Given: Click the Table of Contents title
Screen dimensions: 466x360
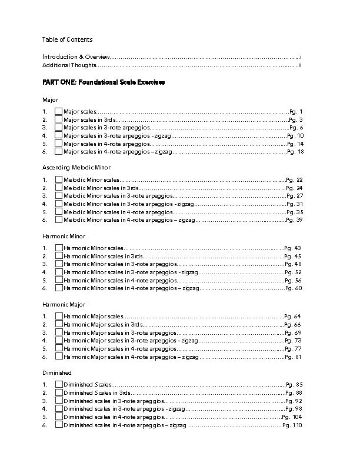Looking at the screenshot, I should pyautogui.click(x=66, y=39).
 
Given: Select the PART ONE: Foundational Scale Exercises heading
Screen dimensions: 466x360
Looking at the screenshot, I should pyautogui.click(x=104, y=82).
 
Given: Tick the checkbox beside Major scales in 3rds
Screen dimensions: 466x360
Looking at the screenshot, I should pyautogui.click(x=58, y=119).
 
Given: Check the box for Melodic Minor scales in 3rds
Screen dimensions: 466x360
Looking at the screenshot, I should pyautogui.click(x=58, y=188).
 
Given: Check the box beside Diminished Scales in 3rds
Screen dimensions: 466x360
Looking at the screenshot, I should pyautogui.click(x=58, y=392).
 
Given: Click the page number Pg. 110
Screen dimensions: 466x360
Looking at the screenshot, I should pyautogui.click(x=292, y=424).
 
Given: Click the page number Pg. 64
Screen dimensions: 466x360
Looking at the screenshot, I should pyautogui.click(x=292, y=317).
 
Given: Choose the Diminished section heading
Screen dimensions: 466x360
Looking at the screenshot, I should pyautogui.click(x=56, y=372).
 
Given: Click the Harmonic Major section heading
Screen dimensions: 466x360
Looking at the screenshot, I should pyautogui.click(x=64, y=304).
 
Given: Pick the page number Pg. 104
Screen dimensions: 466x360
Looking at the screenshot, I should pyautogui.click(x=292, y=416).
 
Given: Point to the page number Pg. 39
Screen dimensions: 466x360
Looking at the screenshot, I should pyautogui.click(x=294, y=219).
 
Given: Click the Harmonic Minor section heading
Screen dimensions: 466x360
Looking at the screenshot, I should pyautogui.click(x=64, y=236).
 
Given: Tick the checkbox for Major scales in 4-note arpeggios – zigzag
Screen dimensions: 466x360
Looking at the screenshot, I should pyautogui.click(x=58, y=151).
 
